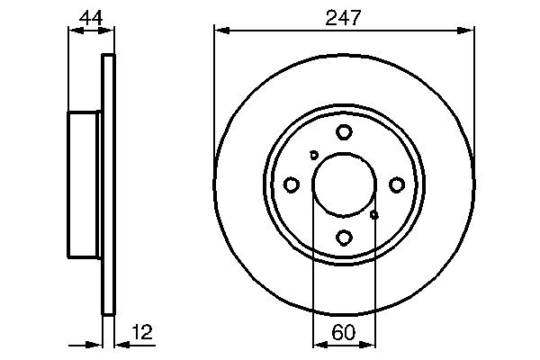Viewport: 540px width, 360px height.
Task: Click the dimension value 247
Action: (x=343, y=15)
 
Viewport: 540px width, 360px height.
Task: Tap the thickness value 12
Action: (x=142, y=332)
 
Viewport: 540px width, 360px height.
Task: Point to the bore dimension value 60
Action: (x=343, y=332)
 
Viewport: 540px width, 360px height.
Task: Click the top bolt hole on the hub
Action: (x=344, y=132)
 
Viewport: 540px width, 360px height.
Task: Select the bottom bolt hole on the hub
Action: (x=344, y=237)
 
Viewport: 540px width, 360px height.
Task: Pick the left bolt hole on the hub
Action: (x=292, y=184)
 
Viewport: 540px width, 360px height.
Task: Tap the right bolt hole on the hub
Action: (x=396, y=184)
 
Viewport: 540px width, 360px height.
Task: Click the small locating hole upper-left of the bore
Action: (x=313, y=155)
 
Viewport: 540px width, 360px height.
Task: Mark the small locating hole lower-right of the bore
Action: (x=374, y=214)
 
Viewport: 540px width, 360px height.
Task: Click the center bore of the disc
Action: (x=344, y=184)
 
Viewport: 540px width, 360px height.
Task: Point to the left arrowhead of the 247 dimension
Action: (x=220, y=30)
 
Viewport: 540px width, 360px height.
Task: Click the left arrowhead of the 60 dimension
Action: (x=318, y=344)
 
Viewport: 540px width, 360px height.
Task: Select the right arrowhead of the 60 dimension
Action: (x=370, y=344)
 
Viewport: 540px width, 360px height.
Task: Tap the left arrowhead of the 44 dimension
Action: (x=75, y=30)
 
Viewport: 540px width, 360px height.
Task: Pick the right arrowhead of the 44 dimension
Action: (x=110, y=30)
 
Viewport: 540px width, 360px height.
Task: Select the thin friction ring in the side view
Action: (x=109, y=184)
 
